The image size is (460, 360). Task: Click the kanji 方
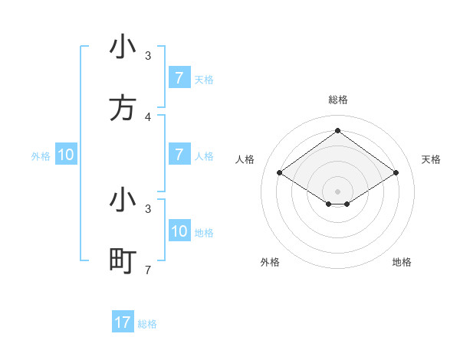pos(123,110)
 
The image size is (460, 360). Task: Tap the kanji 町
pos(123,261)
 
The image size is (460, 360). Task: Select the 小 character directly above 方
pos(123,48)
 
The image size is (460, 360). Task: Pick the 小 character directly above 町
pos(123,201)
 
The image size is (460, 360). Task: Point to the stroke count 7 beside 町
pos(148,269)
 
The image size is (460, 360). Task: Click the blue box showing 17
pos(123,322)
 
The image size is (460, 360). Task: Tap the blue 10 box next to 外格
pos(66,155)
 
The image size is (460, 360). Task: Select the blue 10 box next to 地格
pos(179,231)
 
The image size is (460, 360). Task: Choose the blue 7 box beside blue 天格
pos(179,79)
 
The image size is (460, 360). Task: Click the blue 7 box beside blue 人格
pos(179,155)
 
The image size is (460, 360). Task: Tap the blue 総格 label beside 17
pos(147,324)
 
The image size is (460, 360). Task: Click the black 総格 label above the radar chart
pos(337,100)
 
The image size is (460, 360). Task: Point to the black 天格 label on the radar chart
pos(431,159)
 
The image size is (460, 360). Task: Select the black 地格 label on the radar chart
pos(402,262)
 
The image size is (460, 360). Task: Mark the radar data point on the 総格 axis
pos(337,130)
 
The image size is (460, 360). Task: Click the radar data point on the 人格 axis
pos(280,173)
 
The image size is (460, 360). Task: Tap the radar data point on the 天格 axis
pos(396,173)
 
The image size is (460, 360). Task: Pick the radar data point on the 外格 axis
pos(329,204)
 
